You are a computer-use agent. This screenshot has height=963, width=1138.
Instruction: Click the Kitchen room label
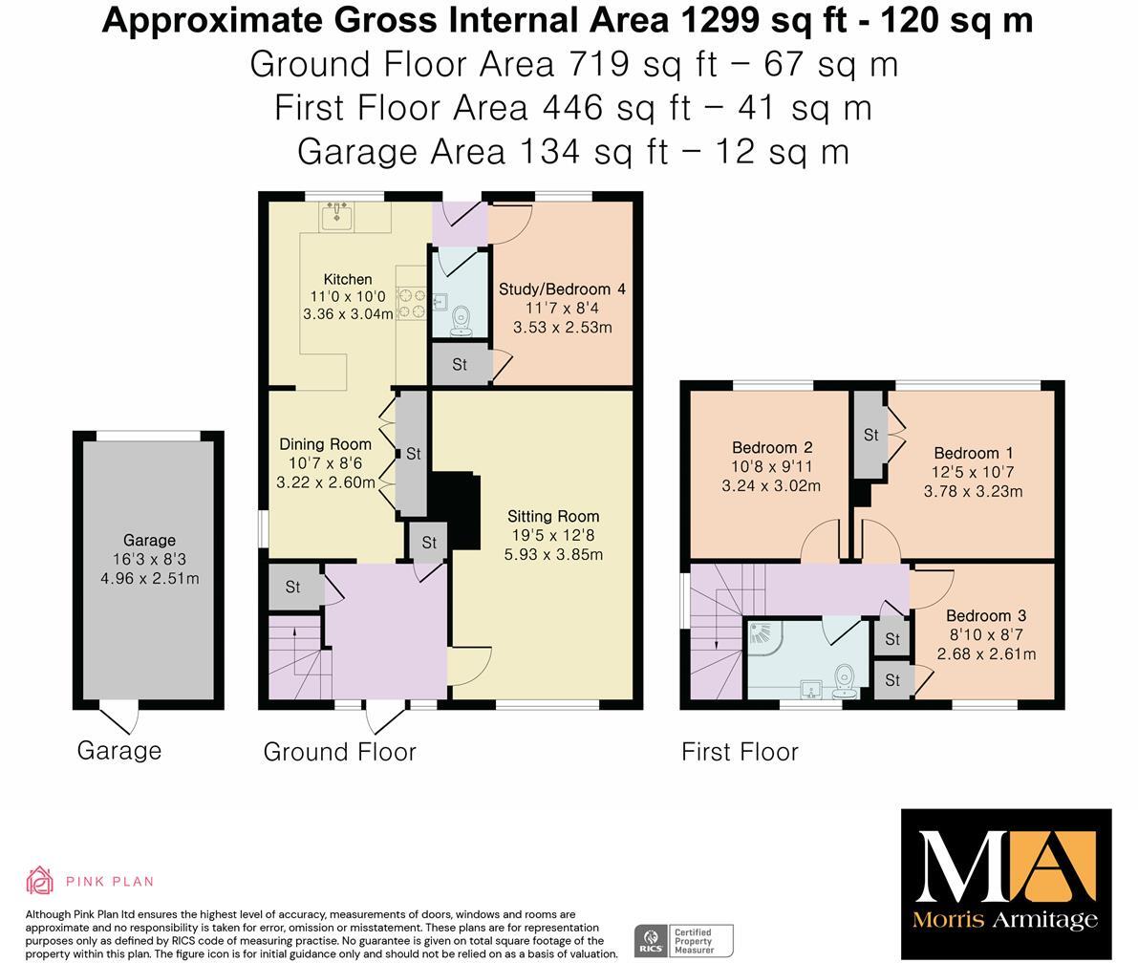(x=348, y=279)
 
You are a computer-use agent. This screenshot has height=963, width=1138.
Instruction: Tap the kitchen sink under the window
(x=336, y=216)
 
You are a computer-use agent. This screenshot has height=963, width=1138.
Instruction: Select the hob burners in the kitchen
(x=412, y=304)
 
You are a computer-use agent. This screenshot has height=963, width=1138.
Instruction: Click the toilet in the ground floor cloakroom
(x=461, y=322)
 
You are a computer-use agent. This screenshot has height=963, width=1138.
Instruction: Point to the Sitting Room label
(x=553, y=517)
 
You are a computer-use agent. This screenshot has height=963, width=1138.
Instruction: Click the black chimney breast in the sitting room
(x=458, y=510)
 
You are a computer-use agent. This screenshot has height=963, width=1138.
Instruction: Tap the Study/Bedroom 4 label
(x=562, y=289)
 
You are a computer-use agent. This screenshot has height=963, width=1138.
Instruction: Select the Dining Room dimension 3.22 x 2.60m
(x=326, y=482)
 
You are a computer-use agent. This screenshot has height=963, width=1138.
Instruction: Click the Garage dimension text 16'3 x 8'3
(x=149, y=560)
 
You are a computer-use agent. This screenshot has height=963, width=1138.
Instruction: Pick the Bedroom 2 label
(x=771, y=448)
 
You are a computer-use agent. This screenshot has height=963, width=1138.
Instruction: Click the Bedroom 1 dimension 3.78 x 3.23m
(x=974, y=491)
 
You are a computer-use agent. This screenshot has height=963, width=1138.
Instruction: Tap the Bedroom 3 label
(x=986, y=616)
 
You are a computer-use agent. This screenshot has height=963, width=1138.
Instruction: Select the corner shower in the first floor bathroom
(x=766, y=636)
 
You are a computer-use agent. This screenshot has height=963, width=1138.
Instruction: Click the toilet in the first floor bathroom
(x=844, y=681)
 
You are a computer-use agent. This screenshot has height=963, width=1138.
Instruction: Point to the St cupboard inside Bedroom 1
(x=870, y=436)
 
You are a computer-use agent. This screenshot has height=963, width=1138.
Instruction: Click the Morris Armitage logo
(x=1006, y=884)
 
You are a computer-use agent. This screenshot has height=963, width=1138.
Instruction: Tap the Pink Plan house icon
(x=40, y=881)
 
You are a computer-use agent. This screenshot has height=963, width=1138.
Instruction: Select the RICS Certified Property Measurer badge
(x=684, y=941)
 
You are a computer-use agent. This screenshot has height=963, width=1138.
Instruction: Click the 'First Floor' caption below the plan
(x=740, y=752)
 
